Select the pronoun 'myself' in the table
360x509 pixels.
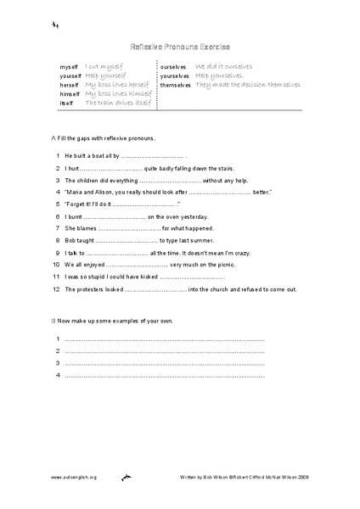pos(69,65)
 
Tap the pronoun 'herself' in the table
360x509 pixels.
pos(70,85)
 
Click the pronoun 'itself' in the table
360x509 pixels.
pos(67,103)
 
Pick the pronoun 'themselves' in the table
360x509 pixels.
pos(175,85)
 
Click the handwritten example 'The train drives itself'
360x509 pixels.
pos(118,103)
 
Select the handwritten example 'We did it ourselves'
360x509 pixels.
pos(223,65)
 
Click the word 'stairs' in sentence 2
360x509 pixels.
pos(197,169)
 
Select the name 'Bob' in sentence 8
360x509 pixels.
pos(70,241)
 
